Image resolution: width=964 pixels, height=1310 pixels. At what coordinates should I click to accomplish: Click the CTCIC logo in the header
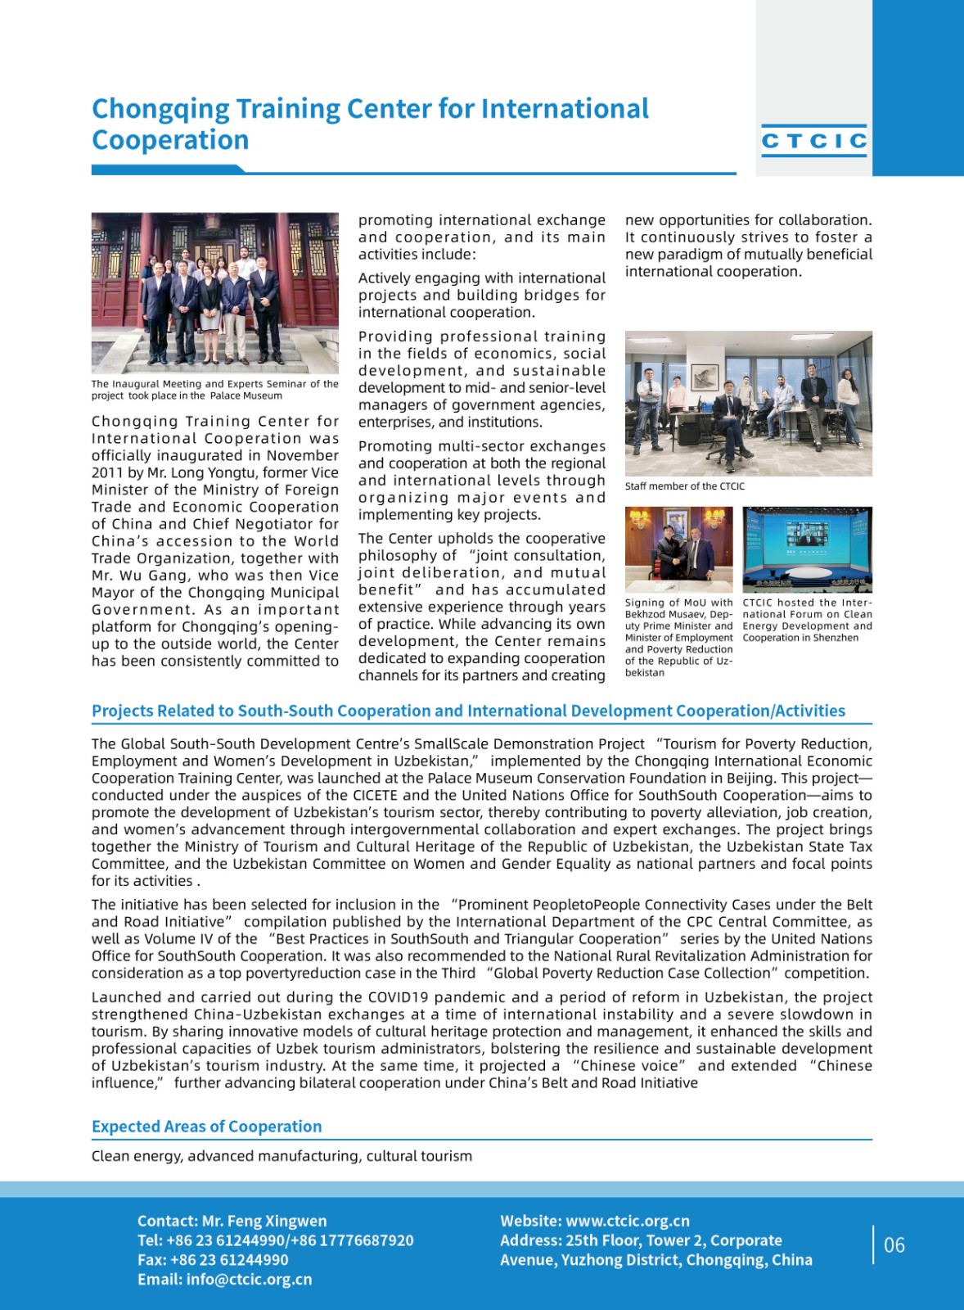pyautogui.click(x=813, y=142)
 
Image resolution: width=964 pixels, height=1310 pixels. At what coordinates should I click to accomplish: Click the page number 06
pyautogui.click(x=894, y=1245)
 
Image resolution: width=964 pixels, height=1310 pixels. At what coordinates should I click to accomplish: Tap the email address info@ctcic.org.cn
pyautogui.click(x=249, y=1279)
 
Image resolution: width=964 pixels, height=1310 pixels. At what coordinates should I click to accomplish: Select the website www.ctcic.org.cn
pyautogui.click(x=627, y=1221)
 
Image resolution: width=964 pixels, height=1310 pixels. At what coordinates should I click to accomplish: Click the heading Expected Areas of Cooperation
pyautogui.click(x=206, y=1127)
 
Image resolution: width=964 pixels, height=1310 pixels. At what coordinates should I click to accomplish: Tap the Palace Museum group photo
pyautogui.click(x=214, y=292)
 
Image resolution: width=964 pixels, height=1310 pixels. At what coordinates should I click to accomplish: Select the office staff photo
pyautogui.click(x=748, y=403)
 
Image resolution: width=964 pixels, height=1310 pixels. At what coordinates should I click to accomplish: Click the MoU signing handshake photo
pyautogui.click(x=678, y=549)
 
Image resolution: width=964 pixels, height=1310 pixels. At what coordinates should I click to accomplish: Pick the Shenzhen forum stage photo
pyautogui.click(x=807, y=549)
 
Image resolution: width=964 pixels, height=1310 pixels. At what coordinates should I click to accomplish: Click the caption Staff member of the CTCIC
pyautogui.click(x=684, y=486)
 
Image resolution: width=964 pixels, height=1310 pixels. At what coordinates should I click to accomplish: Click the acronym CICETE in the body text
pyautogui.click(x=375, y=795)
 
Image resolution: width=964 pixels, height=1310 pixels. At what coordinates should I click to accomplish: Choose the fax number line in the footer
pyautogui.click(x=213, y=1260)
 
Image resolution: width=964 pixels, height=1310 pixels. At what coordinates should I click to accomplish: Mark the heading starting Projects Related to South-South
pyautogui.click(x=468, y=711)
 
